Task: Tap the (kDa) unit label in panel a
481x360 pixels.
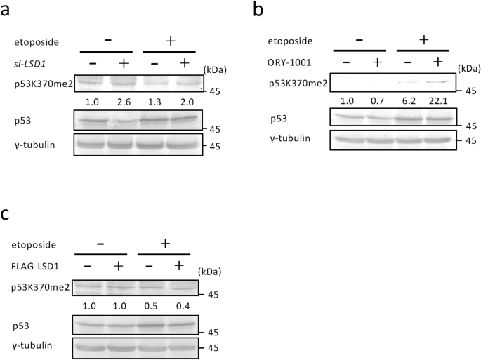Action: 214,69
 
